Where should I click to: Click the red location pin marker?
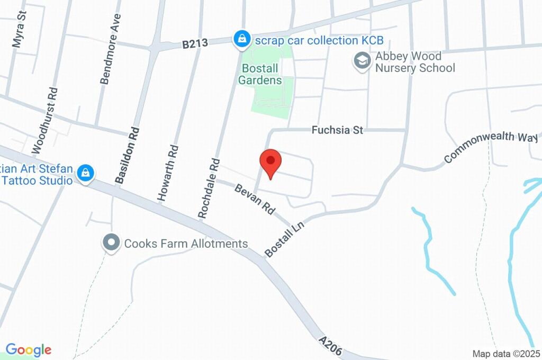(270, 161)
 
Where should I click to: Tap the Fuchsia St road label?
(337, 130)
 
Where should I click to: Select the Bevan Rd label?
(255, 199)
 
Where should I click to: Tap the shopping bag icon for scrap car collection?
(241, 39)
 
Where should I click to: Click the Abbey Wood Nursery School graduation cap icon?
(362, 60)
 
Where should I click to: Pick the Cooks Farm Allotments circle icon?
(111, 244)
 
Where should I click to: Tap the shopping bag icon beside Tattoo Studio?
(85, 173)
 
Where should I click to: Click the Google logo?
(29, 350)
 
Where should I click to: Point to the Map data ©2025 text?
(506, 353)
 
